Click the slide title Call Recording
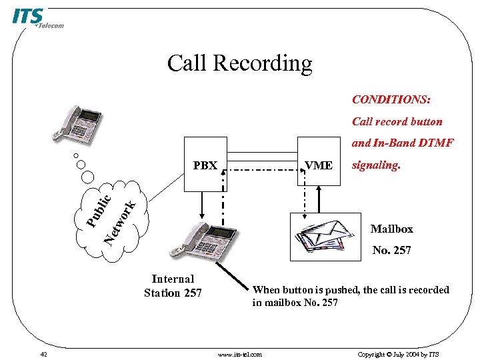[239, 63]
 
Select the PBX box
[205, 165]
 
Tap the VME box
[319, 165]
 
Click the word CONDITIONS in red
[391, 99]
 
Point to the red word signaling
[376, 165]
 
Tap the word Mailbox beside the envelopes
[391, 229]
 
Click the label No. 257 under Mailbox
[391, 251]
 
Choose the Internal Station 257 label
[173, 286]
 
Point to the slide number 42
[43, 354]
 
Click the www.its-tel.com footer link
[240, 354]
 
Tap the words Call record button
[397, 121]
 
